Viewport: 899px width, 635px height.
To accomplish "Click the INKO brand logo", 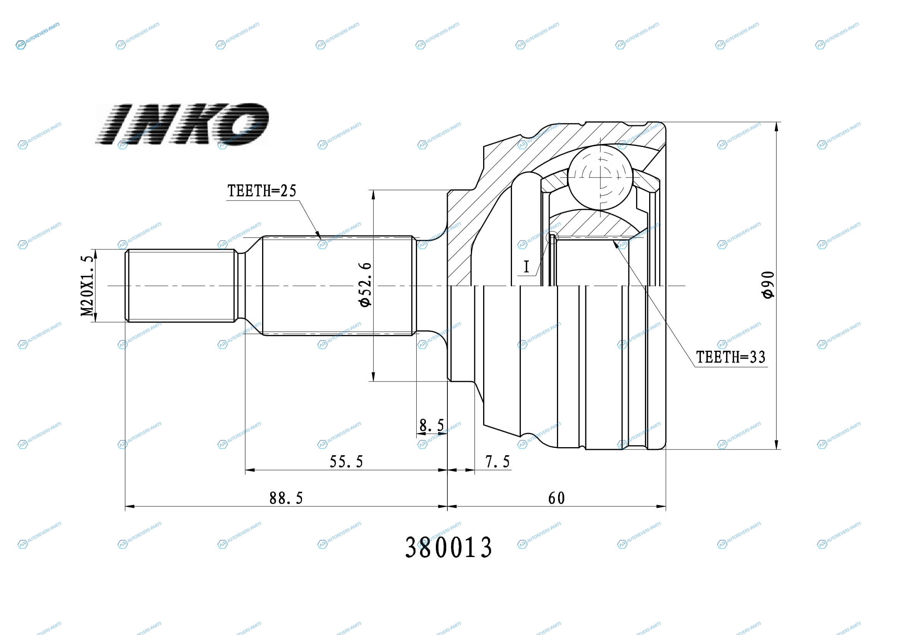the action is tap(182, 124).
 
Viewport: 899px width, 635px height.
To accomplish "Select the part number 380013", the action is tap(448, 547).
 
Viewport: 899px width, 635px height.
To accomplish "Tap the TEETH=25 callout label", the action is tap(262, 191).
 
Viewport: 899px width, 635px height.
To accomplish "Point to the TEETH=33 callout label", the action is tap(731, 357).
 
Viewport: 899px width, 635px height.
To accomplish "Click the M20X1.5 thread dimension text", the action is tap(87, 285).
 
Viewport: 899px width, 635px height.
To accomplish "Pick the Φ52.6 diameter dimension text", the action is tap(364, 285).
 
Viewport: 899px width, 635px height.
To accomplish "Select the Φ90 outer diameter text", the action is tap(768, 285).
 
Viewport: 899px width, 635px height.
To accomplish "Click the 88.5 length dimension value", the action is tap(286, 499).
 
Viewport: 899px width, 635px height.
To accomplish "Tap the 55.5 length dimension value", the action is tap(346, 462).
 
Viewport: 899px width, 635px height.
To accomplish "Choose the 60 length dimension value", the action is tap(557, 499).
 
